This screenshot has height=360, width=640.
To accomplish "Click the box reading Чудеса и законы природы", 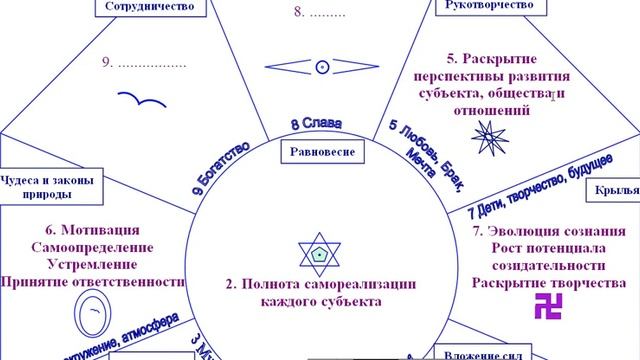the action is tap(48, 187).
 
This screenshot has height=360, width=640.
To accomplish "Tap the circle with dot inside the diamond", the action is tap(322, 66).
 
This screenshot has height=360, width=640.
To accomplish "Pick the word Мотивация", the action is tap(89, 230).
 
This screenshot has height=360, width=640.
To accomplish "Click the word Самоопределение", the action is tap(91, 247).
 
